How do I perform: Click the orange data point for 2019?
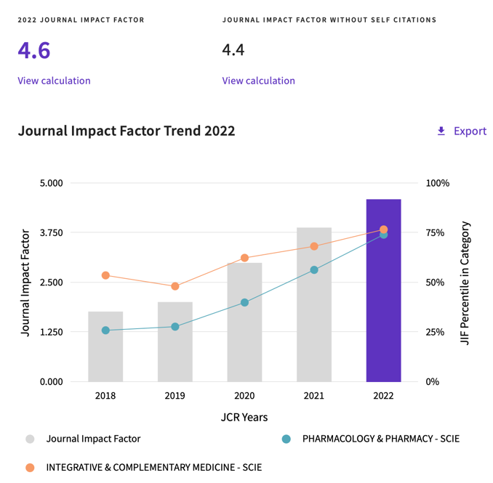[x=175, y=286]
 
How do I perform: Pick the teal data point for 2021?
[x=314, y=270]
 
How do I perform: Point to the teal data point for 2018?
[x=105, y=330]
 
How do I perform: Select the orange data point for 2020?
[x=244, y=258]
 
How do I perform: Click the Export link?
[x=470, y=131]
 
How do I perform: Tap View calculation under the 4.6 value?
[x=55, y=81]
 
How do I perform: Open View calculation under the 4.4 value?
[x=259, y=81]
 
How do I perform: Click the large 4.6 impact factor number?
[x=34, y=51]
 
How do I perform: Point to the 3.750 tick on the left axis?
[x=52, y=232]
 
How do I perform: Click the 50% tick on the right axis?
[x=434, y=283]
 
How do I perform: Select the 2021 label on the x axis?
[x=314, y=396]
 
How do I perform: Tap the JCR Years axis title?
[x=244, y=417]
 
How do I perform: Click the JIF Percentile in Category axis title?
[x=466, y=283]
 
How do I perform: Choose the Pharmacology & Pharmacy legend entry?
[x=380, y=439]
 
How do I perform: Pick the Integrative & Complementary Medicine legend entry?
[x=153, y=468]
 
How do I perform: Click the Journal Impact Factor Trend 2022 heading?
[x=127, y=131]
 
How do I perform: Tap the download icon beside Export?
[x=441, y=131]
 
